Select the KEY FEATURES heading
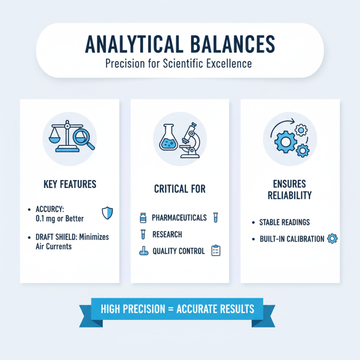click(x=70, y=185)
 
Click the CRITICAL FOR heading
click(x=180, y=188)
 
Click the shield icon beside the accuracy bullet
click(x=107, y=213)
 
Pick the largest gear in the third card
click(x=285, y=142)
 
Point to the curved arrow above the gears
click(x=281, y=124)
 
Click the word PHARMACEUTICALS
click(x=179, y=218)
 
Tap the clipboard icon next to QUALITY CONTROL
click(x=216, y=251)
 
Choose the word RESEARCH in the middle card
click(x=167, y=234)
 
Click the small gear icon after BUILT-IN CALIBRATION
click(x=332, y=238)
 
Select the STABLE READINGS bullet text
click(x=284, y=222)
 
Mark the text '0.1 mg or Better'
click(x=59, y=219)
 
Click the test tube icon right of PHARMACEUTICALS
click(x=216, y=218)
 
